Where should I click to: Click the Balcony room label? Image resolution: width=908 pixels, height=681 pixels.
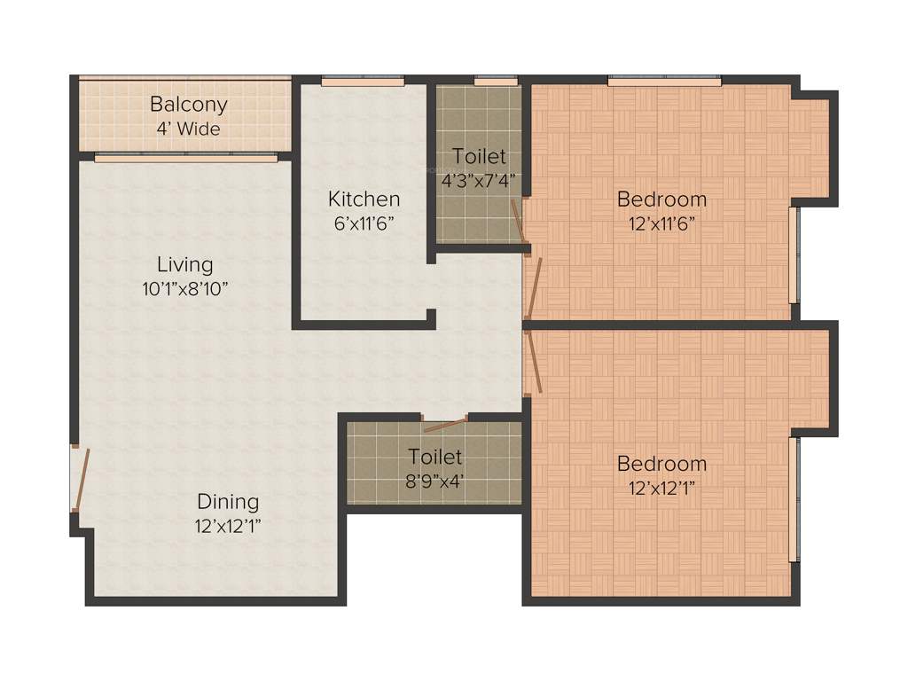pos(188,104)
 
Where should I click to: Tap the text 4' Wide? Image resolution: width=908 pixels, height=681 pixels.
pos(188,129)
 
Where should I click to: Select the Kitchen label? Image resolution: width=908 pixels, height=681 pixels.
pos(364,199)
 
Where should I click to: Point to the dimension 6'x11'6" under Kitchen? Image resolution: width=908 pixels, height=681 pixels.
pos(364,223)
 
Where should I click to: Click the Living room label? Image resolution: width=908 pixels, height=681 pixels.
pos(185,264)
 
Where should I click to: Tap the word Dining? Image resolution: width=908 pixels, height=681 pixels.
pos(228,502)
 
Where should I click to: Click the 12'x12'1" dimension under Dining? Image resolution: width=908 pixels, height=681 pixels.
pos(228,526)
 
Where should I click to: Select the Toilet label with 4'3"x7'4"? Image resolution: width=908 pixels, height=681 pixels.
pos(479,157)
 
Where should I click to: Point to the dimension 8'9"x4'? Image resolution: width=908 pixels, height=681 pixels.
pos(435,481)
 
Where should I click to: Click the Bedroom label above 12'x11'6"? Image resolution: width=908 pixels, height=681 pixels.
pos(661,199)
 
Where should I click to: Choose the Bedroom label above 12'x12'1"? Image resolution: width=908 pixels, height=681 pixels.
pos(661,464)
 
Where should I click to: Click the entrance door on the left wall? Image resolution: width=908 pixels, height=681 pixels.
pos(81,479)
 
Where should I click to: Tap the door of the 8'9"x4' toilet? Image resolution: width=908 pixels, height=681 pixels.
pos(445,424)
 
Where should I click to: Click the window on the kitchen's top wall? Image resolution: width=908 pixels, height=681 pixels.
pos(363,81)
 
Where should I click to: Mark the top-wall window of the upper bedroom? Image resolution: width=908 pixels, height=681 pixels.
pos(664,81)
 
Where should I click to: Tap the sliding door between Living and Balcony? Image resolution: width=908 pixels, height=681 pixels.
pos(185,159)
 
